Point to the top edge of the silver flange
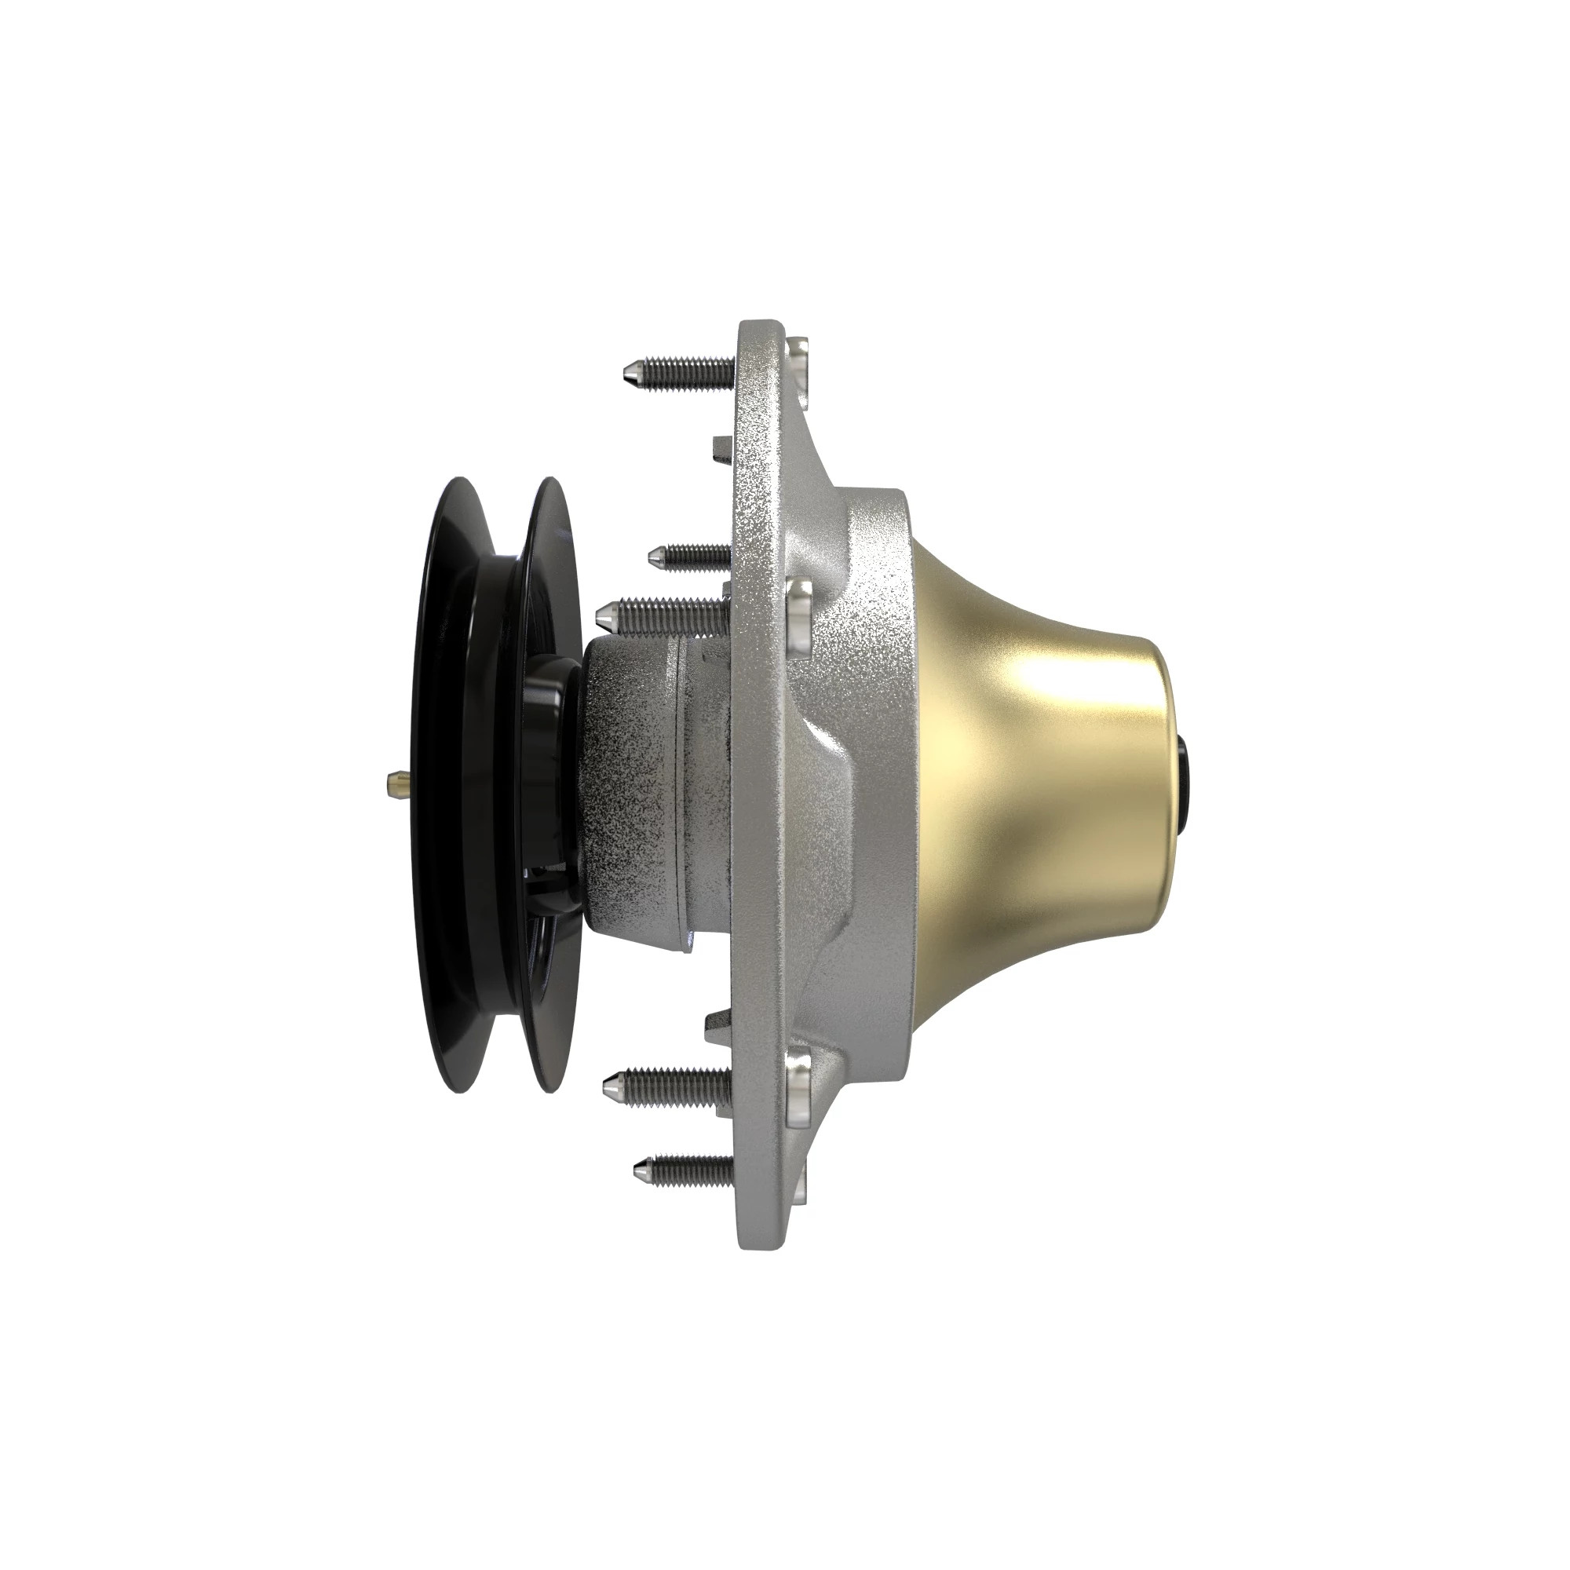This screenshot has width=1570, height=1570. click(760, 323)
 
